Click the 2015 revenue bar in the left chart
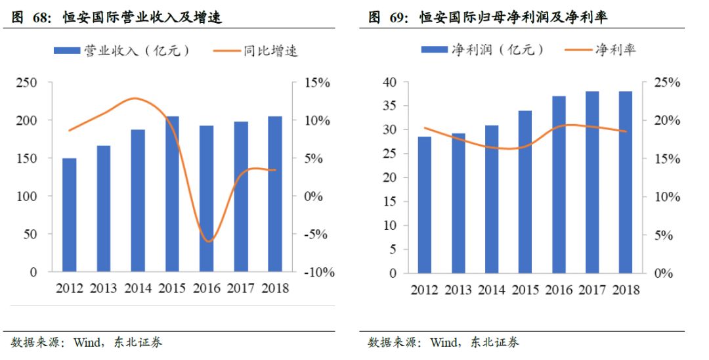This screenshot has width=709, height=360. coord(172,194)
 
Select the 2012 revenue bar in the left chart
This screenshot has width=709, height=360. coord(69,215)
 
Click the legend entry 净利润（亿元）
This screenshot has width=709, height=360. coord(483,50)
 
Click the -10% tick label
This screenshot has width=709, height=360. coord(318,272)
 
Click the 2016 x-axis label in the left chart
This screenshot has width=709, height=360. coord(206,288)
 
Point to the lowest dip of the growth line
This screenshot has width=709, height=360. coord(208,242)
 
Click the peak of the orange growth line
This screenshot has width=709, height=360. coord(135,99)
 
